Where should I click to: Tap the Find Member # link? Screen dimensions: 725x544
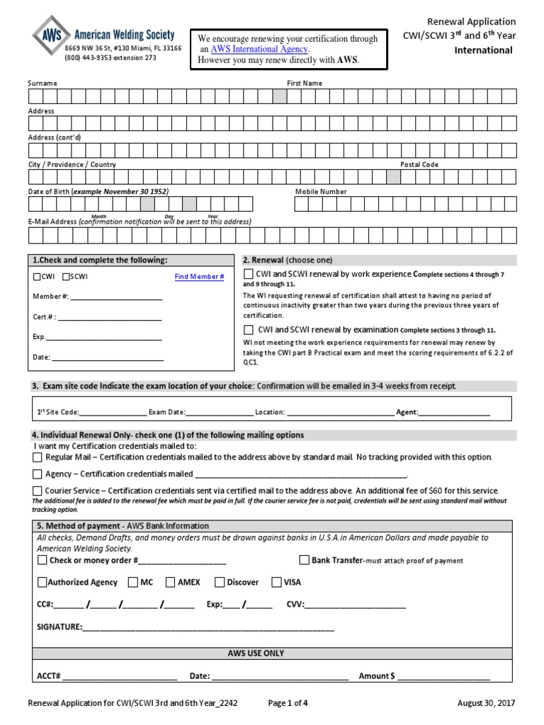click(x=199, y=277)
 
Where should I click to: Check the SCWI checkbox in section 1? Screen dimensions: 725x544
click(x=67, y=277)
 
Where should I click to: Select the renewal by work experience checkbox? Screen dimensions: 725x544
click(x=249, y=274)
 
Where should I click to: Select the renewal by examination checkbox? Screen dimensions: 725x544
click(x=249, y=330)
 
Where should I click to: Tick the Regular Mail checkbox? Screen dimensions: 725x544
click(x=38, y=457)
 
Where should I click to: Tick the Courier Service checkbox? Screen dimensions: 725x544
click(x=38, y=491)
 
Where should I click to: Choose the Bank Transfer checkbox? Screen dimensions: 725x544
click(x=304, y=560)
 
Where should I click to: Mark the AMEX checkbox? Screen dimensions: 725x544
click(x=171, y=583)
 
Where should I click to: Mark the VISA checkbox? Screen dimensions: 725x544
click(x=276, y=583)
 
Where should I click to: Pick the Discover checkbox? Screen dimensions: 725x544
click(x=220, y=583)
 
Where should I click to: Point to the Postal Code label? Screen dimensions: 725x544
click(x=419, y=164)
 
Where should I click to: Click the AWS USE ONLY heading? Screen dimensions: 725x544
click(x=256, y=653)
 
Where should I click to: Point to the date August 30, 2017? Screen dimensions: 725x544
click(x=487, y=703)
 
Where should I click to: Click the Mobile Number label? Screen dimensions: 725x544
click(x=321, y=192)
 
